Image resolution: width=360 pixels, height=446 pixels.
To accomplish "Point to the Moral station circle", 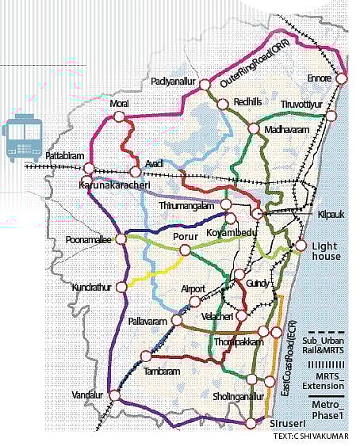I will (x=119, y=116).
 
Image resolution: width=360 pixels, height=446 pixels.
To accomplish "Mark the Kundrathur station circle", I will (x=121, y=287).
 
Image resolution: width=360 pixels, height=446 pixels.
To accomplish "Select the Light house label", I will (x=325, y=251).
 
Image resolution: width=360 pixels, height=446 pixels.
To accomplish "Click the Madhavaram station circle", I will (x=254, y=129).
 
